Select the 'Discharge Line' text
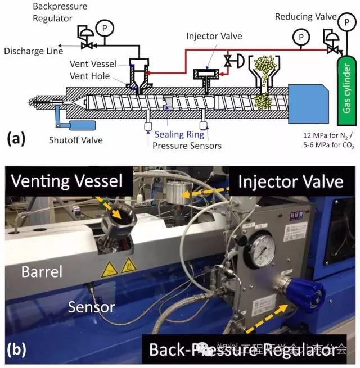[29, 51]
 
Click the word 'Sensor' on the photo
[93, 307]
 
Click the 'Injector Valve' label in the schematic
[214, 37]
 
